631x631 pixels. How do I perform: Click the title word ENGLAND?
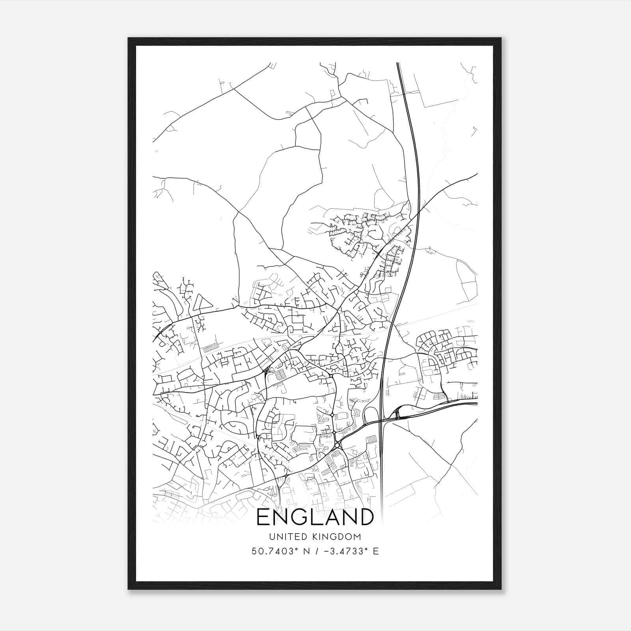[315, 517]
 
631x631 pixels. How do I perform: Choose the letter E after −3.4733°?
[376, 551]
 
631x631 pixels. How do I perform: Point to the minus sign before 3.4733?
[326, 551]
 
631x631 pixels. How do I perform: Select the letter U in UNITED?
[271, 537]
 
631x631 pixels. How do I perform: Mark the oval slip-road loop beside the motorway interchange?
[371, 415]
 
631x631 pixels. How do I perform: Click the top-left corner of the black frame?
[129, 39]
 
